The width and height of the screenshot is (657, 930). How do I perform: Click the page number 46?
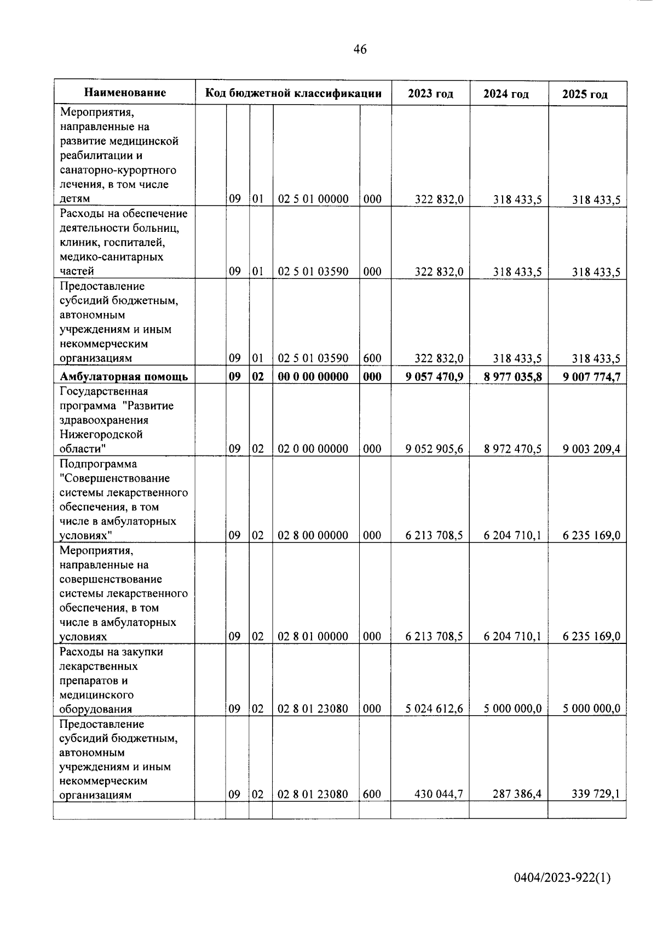(x=360, y=50)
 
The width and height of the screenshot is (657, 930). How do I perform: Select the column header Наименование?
(x=125, y=93)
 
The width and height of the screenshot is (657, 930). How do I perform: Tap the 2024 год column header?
(x=506, y=94)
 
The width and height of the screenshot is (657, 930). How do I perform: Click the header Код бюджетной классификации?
(x=293, y=93)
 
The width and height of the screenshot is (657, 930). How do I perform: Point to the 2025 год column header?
(x=585, y=94)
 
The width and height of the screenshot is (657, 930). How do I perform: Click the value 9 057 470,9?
(x=434, y=376)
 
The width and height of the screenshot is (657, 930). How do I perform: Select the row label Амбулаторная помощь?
(x=124, y=376)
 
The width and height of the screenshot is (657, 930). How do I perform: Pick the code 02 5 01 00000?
(x=313, y=199)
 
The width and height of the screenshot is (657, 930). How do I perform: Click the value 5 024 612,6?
(x=434, y=709)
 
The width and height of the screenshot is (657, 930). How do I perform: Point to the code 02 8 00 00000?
(x=313, y=535)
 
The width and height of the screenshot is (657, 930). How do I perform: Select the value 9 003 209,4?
(x=591, y=449)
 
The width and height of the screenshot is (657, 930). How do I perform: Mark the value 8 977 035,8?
(x=512, y=376)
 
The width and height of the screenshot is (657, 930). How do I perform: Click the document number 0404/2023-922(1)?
(x=562, y=878)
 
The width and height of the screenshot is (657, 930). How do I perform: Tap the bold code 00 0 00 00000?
(x=313, y=376)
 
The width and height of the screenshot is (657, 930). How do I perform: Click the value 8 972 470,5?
(x=512, y=449)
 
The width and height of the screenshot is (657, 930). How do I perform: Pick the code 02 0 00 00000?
(x=313, y=449)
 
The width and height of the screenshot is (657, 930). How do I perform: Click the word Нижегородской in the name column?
(x=101, y=435)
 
